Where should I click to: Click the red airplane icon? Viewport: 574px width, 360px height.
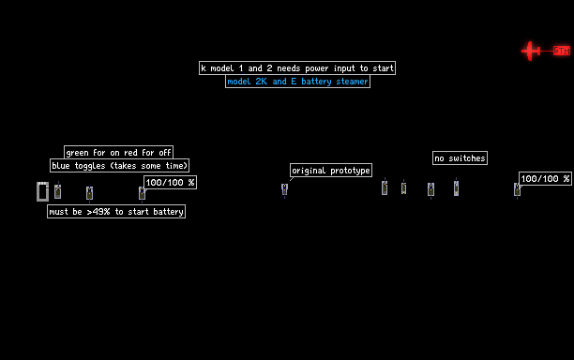tap(531, 51)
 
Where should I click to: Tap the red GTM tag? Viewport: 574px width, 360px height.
tap(562, 51)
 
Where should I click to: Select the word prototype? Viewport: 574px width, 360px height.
tap(350, 171)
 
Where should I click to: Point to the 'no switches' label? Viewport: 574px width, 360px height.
tap(460, 158)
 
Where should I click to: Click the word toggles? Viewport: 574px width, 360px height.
tap(90, 166)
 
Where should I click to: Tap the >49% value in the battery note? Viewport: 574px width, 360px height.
tap(98, 212)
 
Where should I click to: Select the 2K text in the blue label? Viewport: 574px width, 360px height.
tap(262, 82)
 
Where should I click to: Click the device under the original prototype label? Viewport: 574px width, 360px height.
tap(284, 189)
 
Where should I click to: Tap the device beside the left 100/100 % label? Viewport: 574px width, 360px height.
tap(142, 193)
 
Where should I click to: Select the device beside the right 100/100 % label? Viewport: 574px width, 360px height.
tap(517, 189)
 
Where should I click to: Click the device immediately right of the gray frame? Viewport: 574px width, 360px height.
tap(57, 191)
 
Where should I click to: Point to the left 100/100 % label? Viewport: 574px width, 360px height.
tap(170, 182)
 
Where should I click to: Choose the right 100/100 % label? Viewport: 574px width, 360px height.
tap(546, 178)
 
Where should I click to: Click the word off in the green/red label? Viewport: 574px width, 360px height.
tap(165, 153)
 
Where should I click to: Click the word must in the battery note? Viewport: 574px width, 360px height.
tap(58, 212)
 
